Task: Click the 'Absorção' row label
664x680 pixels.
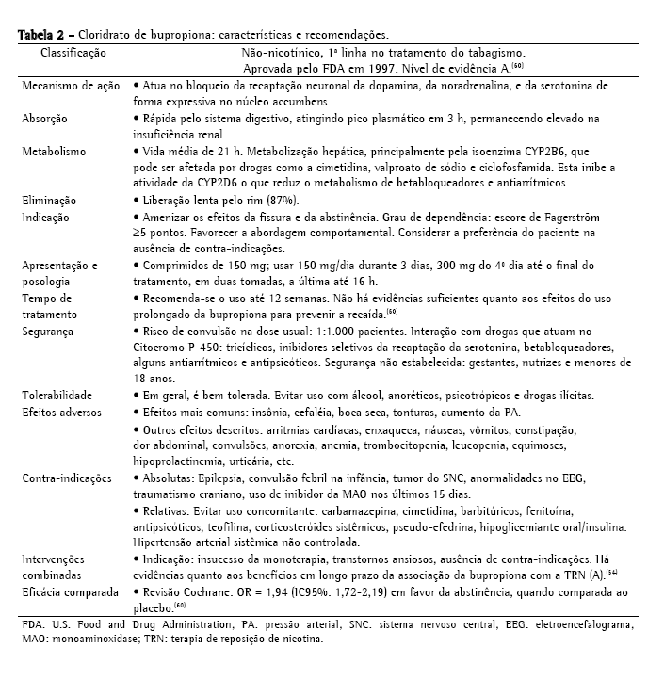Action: point(47,119)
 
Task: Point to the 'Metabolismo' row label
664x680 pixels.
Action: point(54,151)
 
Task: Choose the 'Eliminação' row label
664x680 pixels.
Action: point(51,201)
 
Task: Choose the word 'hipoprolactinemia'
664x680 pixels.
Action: point(179,461)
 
